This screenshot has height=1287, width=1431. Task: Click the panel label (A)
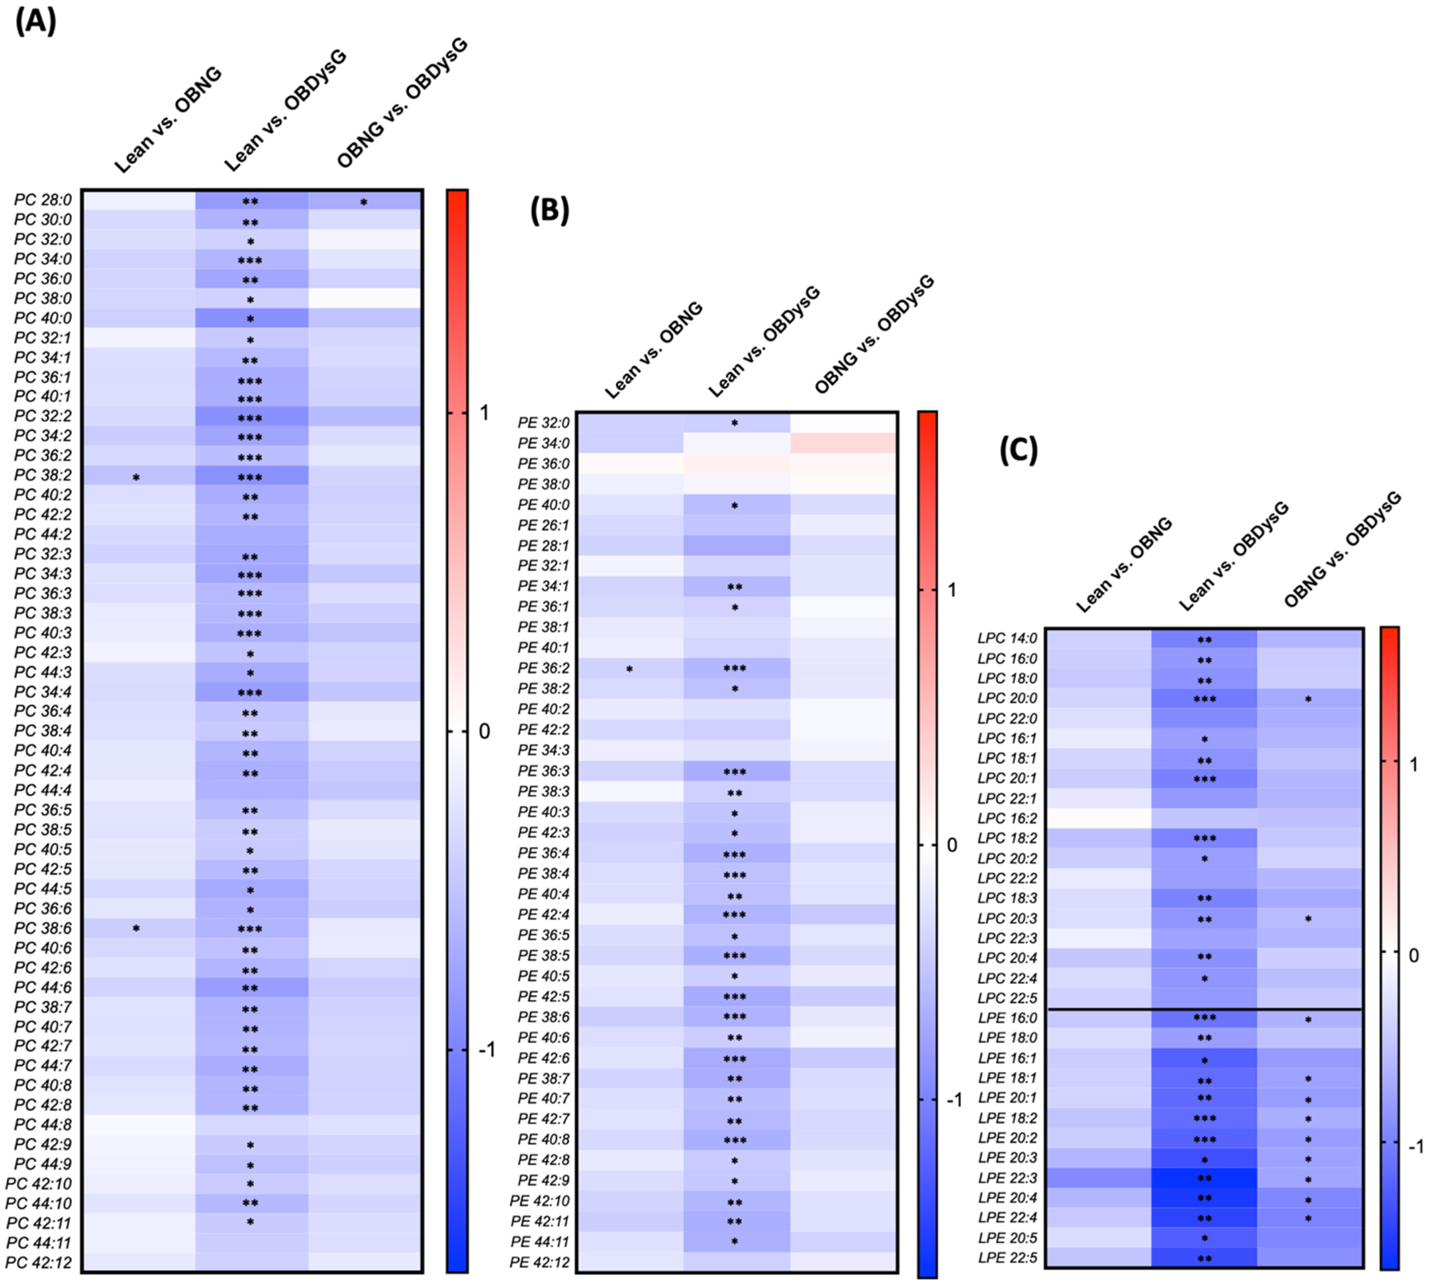tap(35, 21)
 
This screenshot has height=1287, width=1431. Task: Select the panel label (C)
tap(1018, 450)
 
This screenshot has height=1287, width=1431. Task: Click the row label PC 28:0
tap(42, 200)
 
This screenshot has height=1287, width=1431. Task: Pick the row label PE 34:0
tap(543, 444)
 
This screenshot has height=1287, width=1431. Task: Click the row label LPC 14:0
tap(1007, 638)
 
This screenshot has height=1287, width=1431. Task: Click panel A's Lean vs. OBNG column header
tap(168, 120)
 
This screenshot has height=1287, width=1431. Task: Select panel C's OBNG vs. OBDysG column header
tap(1342, 550)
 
